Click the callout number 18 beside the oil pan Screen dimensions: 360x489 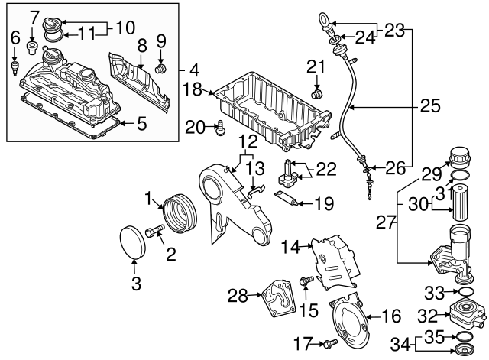click(x=193, y=90)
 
